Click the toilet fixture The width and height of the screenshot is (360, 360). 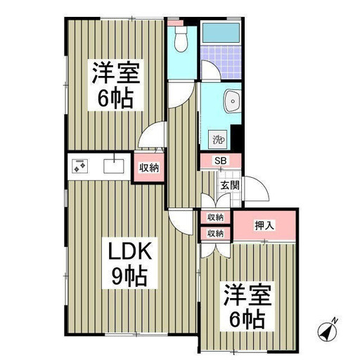181,39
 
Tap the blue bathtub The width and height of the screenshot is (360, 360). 221,32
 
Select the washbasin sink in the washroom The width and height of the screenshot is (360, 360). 233,101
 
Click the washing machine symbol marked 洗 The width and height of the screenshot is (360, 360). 218,139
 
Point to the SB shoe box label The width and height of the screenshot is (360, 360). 221,161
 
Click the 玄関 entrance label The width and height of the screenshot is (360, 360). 230,186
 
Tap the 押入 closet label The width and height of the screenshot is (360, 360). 264,226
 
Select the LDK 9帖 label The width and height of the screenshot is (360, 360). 129,263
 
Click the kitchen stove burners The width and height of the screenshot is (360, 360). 79,166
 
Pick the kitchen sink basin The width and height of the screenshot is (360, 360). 114,166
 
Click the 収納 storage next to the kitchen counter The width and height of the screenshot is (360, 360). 149,168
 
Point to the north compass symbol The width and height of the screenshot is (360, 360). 328,330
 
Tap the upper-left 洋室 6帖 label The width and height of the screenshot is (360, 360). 115,85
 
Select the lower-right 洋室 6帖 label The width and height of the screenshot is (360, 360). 247,307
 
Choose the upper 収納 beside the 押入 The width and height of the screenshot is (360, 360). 215,217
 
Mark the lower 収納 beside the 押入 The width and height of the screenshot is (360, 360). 215,233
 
